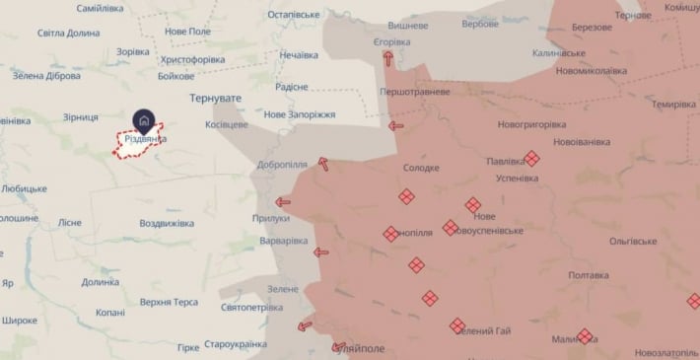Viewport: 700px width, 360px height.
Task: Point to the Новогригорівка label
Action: [532, 125]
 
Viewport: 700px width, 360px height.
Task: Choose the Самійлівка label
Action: [106, 8]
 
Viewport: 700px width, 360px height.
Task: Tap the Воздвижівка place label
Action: [167, 224]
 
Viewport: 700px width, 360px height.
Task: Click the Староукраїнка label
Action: [235, 344]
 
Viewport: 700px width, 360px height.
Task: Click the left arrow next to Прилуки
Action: [283, 202]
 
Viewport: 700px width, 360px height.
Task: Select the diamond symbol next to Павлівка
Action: [532, 158]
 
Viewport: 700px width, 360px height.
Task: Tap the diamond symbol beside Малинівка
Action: [585, 336]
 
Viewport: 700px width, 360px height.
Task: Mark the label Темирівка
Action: [674, 105]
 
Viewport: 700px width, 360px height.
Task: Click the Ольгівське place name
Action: [633, 241]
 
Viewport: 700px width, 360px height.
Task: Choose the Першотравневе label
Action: [415, 92]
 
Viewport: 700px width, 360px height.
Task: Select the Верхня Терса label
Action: [169, 302]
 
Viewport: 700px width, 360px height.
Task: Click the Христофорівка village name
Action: [192, 59]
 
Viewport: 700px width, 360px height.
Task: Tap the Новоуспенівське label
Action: [485, 230]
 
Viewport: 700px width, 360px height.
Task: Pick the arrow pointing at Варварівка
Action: [320, 252]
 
